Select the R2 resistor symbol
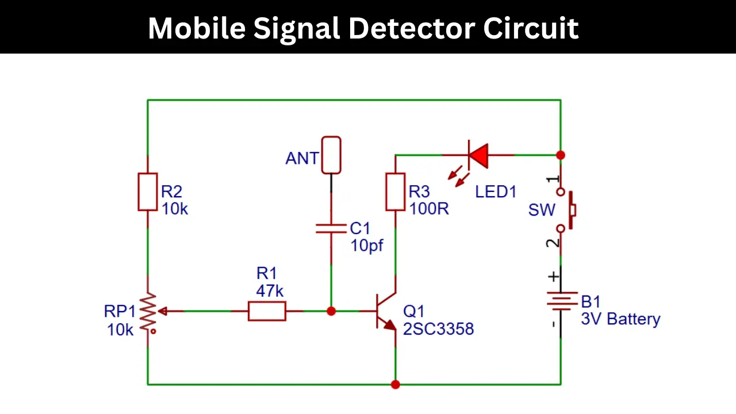click(x=148, y=192)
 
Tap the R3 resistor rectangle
click(x=395, y=192)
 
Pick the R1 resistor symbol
click(x=267, y=311)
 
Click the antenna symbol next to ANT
click(x=331, y=155)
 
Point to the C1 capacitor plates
click(x=331, y=228)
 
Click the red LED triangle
click(x=479, y=155)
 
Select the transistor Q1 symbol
click(x=386, y=311)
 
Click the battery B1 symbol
click(x=561, y=301)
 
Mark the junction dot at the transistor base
click(x=331, y=311)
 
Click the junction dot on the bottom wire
click(x=395, y=385)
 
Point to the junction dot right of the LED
click(x=561, y=155)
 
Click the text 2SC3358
click(x=438, y=329)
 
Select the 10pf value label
click(x=367, y=246)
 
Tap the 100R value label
click(x=429, y=209)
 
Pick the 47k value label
click(x=270, y=291)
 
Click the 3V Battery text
click(x=620, y=319)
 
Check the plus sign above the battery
click(x=554, y=277)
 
